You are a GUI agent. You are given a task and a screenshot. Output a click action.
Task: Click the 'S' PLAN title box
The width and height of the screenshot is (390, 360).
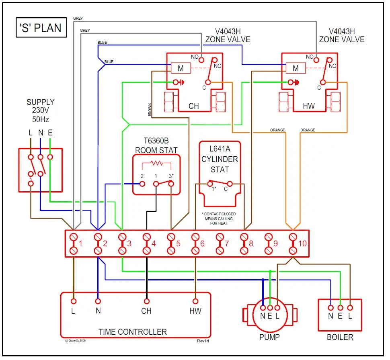41,28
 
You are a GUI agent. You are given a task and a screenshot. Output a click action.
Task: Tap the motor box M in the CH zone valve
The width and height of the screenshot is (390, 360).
181,68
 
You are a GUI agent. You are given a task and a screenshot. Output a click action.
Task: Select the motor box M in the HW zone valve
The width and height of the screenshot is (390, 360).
296,68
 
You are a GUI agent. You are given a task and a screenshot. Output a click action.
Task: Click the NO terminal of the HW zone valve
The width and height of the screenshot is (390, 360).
316,60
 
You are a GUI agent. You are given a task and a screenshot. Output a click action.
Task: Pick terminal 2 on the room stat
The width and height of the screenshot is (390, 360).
142,184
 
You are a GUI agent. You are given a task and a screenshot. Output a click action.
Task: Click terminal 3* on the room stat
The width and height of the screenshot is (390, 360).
171,184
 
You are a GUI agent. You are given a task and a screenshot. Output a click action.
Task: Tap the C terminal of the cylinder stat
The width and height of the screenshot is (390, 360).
229,184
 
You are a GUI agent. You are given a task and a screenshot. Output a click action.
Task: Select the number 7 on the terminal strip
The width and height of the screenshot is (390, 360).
227,243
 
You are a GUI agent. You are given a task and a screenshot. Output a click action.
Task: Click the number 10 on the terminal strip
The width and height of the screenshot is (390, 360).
302,243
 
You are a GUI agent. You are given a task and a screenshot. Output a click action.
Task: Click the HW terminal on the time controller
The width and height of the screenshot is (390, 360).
195,301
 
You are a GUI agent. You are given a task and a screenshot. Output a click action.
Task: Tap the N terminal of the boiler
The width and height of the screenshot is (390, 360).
330,307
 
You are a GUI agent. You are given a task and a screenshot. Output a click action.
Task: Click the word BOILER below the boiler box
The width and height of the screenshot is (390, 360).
340,337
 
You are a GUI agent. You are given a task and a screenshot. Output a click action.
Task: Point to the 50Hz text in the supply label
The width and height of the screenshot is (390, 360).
41,119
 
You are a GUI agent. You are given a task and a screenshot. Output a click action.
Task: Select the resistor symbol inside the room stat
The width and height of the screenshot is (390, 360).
156,164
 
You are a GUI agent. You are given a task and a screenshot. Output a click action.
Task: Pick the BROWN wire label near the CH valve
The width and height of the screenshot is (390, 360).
150,110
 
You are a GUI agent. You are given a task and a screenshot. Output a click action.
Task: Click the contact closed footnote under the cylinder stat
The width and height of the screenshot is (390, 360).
219,219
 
